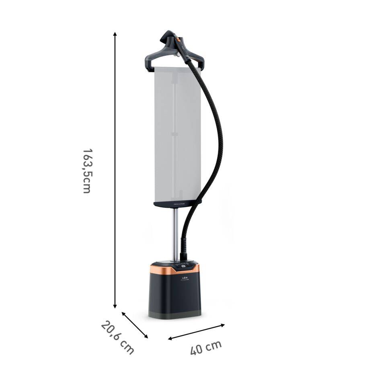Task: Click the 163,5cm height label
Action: (x=86, y=171)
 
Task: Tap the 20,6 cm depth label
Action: (x=117, y=337)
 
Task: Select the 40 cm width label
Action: (x=205, y=347)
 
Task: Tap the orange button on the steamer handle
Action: (x=177, y=40)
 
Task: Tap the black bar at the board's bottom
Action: (x=177, y=204)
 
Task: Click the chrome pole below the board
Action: (x=176, y=233)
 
